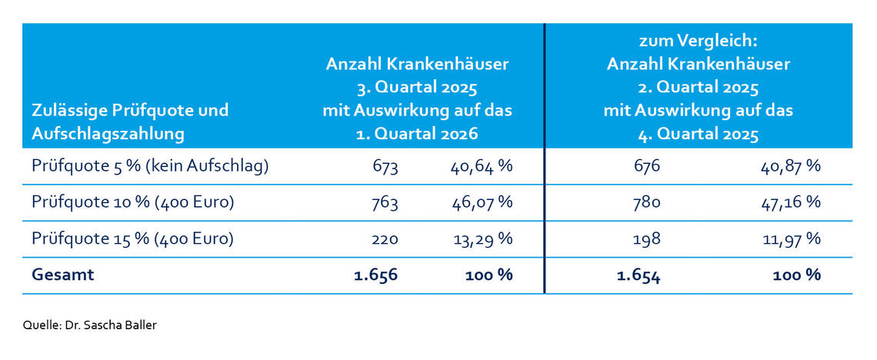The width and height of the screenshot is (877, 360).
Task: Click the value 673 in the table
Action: [x=383, y=166]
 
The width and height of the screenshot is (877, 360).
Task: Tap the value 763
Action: [x=383, y=202]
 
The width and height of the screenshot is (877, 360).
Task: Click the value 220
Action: [x=383, y=238]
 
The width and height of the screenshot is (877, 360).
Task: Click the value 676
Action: [x=645, y=166]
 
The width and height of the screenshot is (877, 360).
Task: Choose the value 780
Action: [x=645, y=202]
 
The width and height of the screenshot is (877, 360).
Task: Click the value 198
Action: [x=645, y=238]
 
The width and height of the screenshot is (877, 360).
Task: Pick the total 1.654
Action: [x=639, y=275]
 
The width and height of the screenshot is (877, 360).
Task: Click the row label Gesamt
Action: [x=63, y=275]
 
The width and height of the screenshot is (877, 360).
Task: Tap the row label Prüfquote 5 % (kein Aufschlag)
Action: [x=150, y=166]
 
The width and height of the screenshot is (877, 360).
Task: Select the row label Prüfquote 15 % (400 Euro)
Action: [x=132, y=238]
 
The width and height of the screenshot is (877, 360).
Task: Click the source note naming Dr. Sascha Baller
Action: [x=89, y=325]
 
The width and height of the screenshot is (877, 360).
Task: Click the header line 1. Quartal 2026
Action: [x=417, y=133]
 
